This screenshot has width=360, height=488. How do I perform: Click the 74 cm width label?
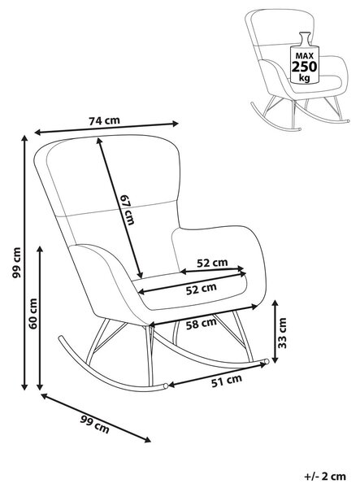(x=104, y=120)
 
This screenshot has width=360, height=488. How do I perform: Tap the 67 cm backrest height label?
(x=128, y=210)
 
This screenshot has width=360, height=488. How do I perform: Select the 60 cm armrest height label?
(x=33, y=313)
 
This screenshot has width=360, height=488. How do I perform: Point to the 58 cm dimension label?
(x=202, y=324)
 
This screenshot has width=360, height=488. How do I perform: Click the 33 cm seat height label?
(x=282, y=333)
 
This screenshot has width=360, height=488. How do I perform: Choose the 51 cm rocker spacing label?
(x=227, y=381)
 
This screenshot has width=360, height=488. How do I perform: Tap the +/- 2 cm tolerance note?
(x=325, y=476)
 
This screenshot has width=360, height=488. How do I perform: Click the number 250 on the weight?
(x=305, y=67)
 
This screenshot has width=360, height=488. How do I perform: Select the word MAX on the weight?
(x=305, y=56)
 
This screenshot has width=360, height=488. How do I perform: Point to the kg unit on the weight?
(x=305, y=77)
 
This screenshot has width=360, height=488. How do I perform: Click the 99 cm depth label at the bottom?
(x=95, y=425)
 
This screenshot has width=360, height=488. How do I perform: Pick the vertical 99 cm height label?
(x=16, y=263)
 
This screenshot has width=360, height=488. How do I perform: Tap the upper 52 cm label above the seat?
(x=212, y=263)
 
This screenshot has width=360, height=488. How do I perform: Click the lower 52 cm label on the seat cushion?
(x=202, y=289)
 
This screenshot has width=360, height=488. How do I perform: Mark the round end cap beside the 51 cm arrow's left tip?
(x=166, y=386)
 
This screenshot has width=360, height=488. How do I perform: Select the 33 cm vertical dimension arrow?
(x=275, y=331)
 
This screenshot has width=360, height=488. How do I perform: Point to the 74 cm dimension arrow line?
(x=106, y=128)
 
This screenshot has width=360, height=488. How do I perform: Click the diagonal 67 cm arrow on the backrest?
(x=119, y=207)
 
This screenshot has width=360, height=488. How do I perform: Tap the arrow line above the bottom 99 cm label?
(x=96, y=417)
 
